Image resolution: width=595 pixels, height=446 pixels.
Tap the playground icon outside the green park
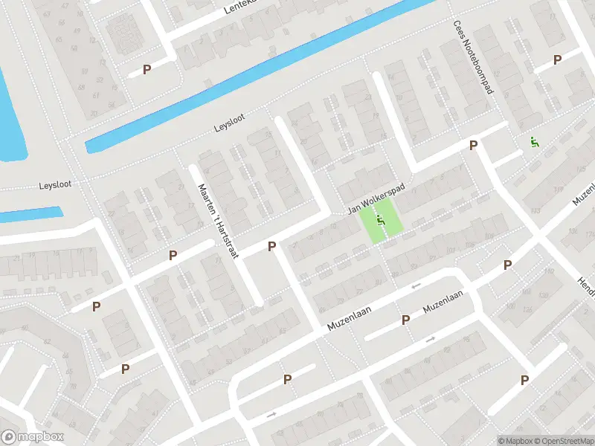click(x=534, y=141)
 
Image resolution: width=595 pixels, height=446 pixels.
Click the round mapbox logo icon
click(x=10, y=438)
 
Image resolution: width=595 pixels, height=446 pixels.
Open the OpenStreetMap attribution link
click(x=563, y=440)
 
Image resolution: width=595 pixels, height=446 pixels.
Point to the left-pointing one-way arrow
click(x=416, y=286)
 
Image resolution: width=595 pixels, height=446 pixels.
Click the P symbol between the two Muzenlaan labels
click(x=406, y=320)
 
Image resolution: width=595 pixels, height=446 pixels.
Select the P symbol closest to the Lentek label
click(x=147, y=69)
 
